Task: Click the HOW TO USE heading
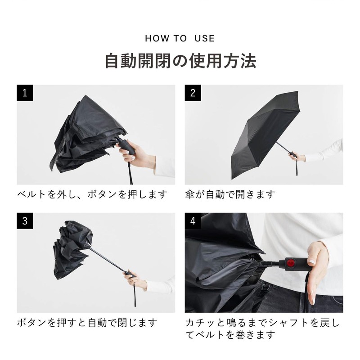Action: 180,38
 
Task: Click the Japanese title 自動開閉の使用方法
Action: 180,61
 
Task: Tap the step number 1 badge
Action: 26,93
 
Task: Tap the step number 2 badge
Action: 193,93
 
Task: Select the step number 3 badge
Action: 26,221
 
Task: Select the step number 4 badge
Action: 193,221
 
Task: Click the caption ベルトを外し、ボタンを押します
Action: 92,195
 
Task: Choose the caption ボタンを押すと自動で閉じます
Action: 87,323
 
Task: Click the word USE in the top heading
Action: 205,38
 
